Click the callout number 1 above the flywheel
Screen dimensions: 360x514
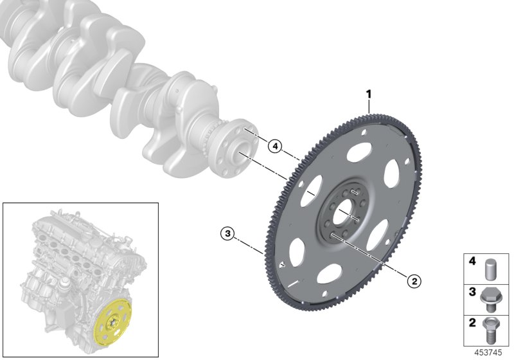click(369, 94)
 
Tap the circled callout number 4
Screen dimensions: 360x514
click(275, 147)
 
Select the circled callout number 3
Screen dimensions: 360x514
click(226, 233)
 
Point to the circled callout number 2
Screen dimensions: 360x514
click(414, 280)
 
